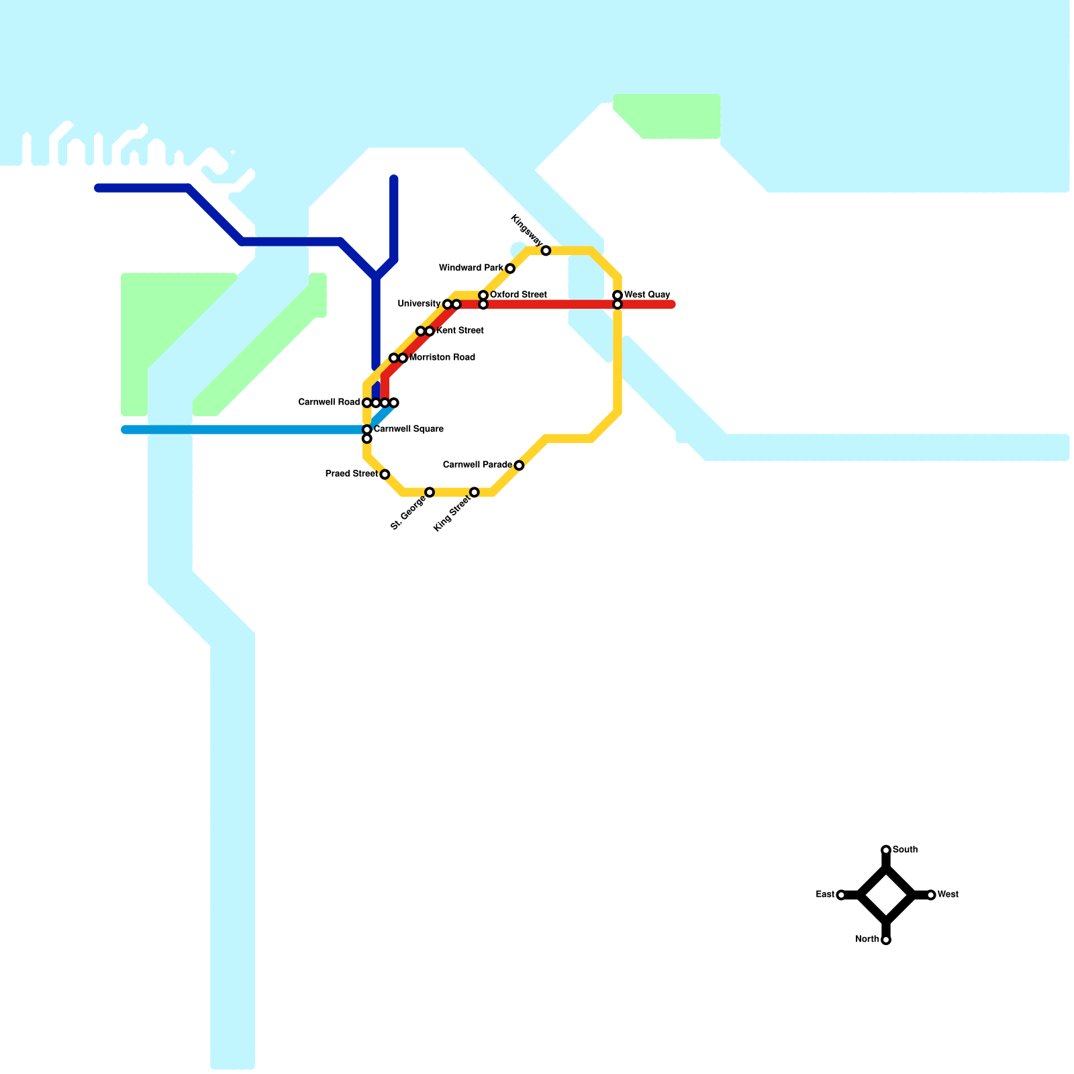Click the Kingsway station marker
(x=546, y=251)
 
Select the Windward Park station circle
(x=510, y=269)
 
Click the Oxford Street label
(x=518, y=295)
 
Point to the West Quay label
(x=647, y=295)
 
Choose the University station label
(x=419, y=304)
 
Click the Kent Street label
(x=460, y=331)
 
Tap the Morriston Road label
(x=442, y=358)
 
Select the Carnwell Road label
(x=329, y=403)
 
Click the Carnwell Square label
(x=408, y=429)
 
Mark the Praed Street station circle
(x=385, y=475)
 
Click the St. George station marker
(x=430, y=493)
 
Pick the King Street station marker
(x=475, y=493)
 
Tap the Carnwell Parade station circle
(x=519, y=466)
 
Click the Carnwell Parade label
(x=477, y=465)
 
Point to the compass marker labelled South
(x=886, y=850)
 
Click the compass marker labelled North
(x=886, y=940)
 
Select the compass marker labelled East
(x=841, y=895)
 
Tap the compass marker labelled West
(x=931, y=895)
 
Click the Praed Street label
(x=351, y=474)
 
